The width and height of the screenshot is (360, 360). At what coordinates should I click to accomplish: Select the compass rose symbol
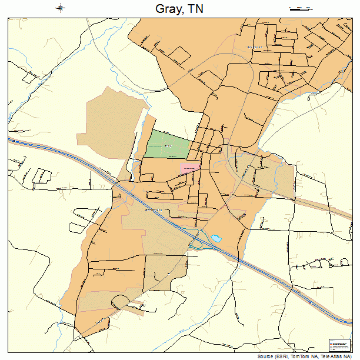coord(61,8)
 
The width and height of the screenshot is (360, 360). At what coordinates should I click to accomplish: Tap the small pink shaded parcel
coord(189,166)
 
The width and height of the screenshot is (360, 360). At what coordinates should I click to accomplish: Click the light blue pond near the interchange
coord(216,238)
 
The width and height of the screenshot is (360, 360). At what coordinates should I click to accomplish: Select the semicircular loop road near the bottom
coord(121,301)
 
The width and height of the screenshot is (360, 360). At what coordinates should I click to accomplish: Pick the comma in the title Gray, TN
coord(185,12)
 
